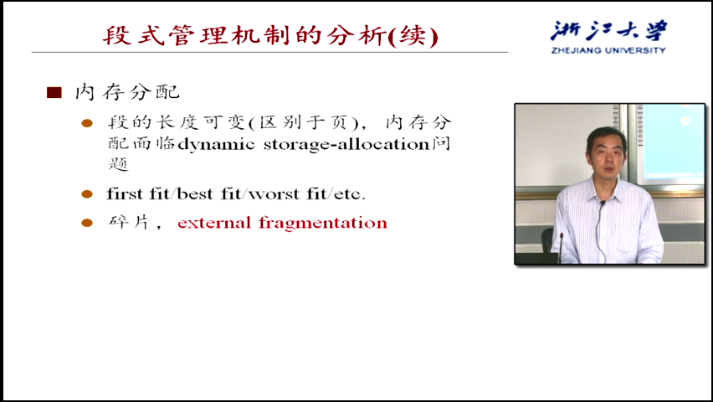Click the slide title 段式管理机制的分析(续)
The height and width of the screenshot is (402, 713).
tap(270, 35)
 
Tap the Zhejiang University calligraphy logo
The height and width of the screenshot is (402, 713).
tap(608, 31)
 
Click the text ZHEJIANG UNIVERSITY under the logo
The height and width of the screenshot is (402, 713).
tap(608, 50)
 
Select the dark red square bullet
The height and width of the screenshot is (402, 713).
tap(54, 93)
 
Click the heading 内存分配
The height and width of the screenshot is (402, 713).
tap(128, 92)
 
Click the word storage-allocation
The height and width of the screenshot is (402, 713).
tap(346, 144)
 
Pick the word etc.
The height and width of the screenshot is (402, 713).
tap(349, 194)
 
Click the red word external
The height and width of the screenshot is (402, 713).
tap(214, 223)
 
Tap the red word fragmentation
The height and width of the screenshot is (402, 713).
tap(323, 223)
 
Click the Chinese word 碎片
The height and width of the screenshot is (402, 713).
tap(128, 222)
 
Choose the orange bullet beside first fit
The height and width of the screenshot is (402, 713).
tap(87, 194)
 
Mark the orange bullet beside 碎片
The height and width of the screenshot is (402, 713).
tap(87, 223)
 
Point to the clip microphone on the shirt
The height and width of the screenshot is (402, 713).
tap(602, 204)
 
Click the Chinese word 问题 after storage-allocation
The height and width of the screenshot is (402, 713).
tap(441, 144)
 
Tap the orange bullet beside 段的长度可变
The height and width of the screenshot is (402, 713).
tap(87, 123)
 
